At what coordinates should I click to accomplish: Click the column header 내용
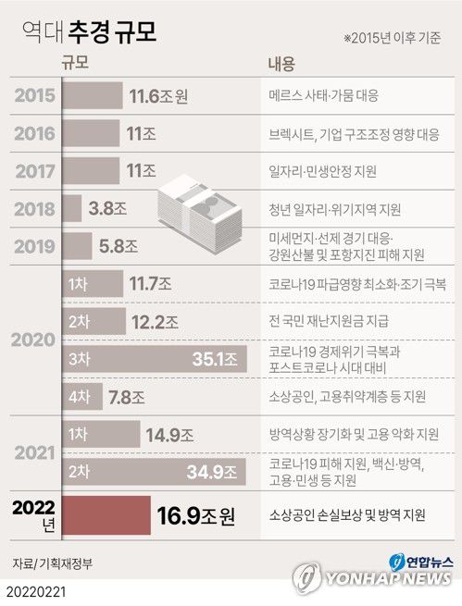pyautogui.click(x=281, y=64)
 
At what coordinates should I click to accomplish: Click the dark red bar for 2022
pyautogui.click(x=105, y=513)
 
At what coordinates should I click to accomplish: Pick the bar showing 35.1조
pyautogui.click(x=153, y=359)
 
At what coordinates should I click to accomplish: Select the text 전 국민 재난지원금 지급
pyautogui.click(x=326, y=321)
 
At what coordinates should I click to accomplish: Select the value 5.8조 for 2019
pyautogui.click(x=119, y=247)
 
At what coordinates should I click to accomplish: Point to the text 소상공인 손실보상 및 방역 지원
pyautogui.click(x=346, y=513)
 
